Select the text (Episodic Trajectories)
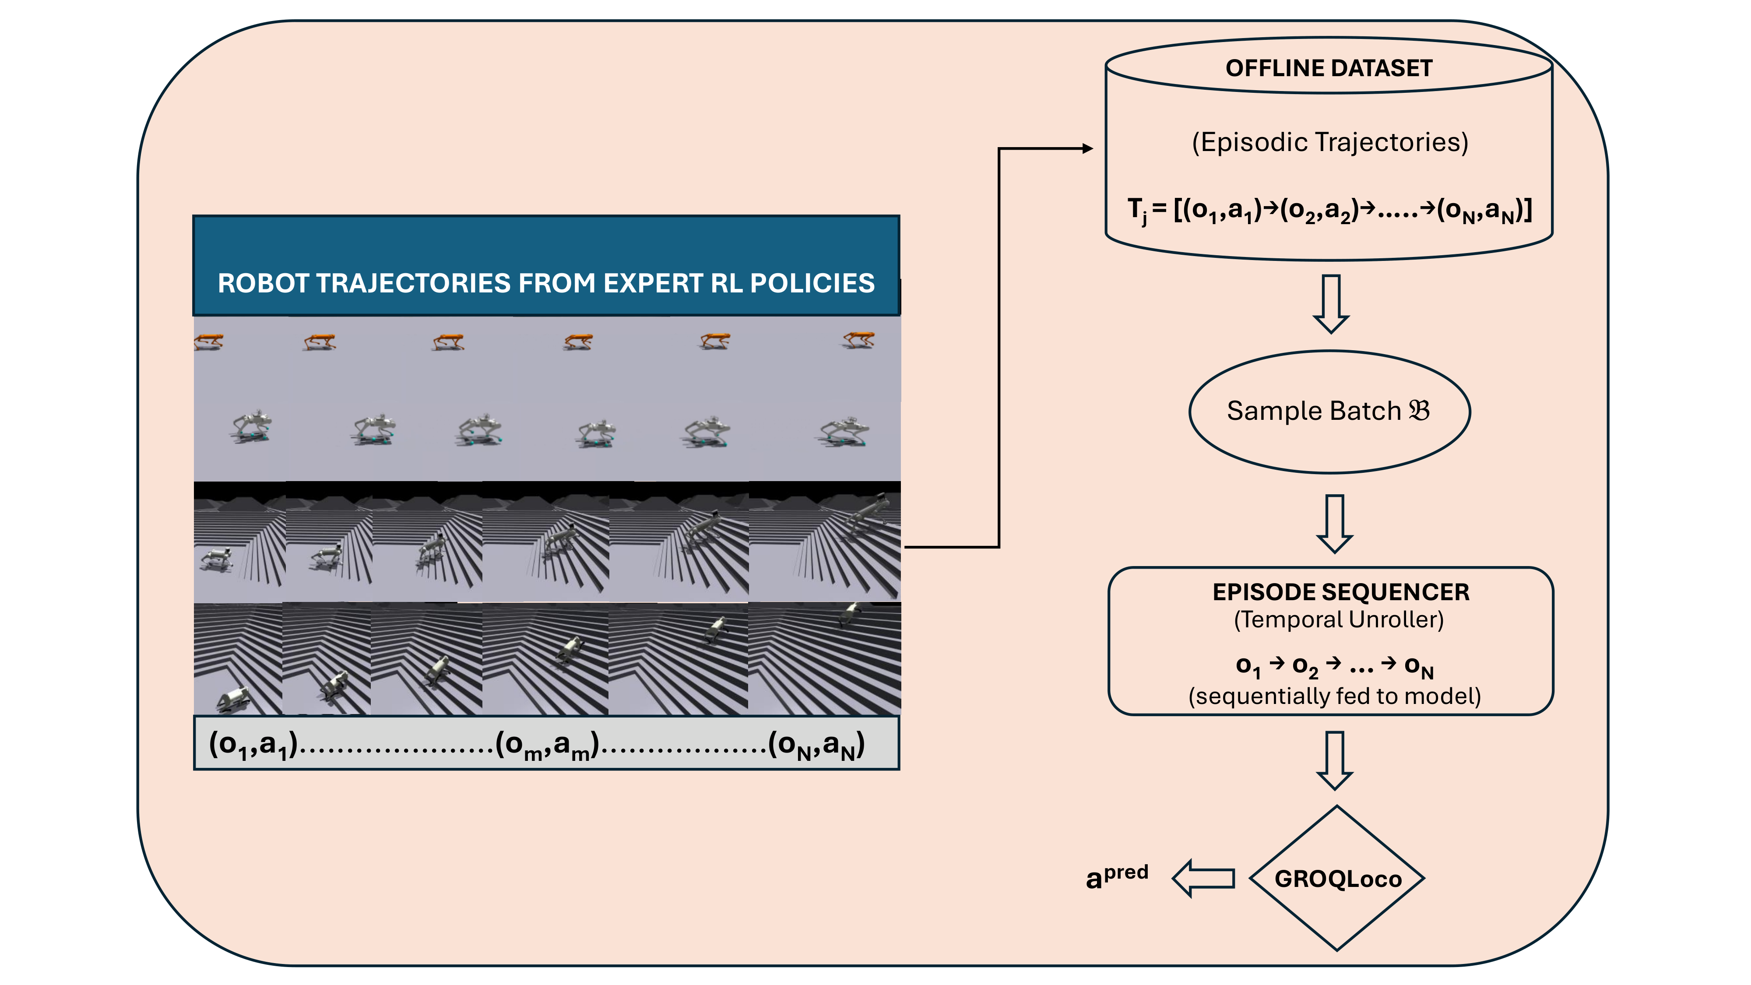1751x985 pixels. coord(1329,142)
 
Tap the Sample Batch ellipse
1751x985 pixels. coord(1329,411)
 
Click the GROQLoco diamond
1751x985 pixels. coord(1337,878)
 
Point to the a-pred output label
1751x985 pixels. coord(1116,876)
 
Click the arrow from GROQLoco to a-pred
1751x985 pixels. coord(1203,878)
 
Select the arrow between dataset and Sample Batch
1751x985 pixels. coord(1330,303)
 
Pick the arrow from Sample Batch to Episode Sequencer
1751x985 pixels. coord(1334,524)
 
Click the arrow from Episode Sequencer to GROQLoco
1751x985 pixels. coord(1334,760)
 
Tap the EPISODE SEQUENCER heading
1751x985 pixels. coord(1340,592)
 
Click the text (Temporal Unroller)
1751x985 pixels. coord(1338,619)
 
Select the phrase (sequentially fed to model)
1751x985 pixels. coord(1334,696)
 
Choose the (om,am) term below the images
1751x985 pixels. coord(546,745)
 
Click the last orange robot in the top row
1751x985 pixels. coord(858,339)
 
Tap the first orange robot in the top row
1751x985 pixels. coord(208,341)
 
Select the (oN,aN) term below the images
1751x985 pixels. coord(816,745)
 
